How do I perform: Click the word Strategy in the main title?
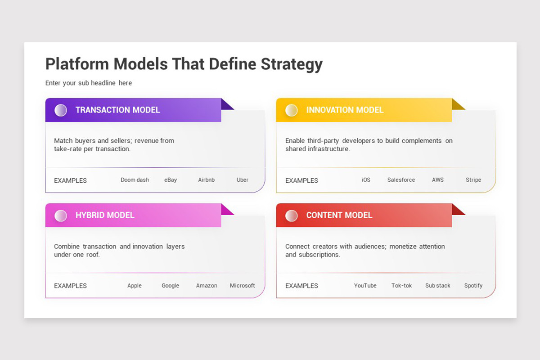[292, 65]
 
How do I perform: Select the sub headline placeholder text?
[89, 83]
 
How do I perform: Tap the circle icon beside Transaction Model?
[61, 110]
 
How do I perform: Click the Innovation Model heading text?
[345, 110]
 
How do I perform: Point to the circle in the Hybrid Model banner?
[61, 216]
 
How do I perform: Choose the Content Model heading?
[339, 215]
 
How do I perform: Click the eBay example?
[171, 180]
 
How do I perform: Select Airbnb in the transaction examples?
[207, 180]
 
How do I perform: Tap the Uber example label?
[242, 180]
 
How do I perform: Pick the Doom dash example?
[135, 180]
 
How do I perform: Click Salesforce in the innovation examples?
[401, 180]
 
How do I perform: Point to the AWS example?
[438, 180]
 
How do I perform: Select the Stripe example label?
[473, 180]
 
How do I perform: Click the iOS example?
[366, 180]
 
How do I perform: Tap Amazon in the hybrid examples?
[207, 286]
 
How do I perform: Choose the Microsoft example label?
[242, 286]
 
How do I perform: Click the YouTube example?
[365, 286]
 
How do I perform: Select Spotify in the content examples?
[473, 286]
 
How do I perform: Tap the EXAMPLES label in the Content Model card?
[301, 286]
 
